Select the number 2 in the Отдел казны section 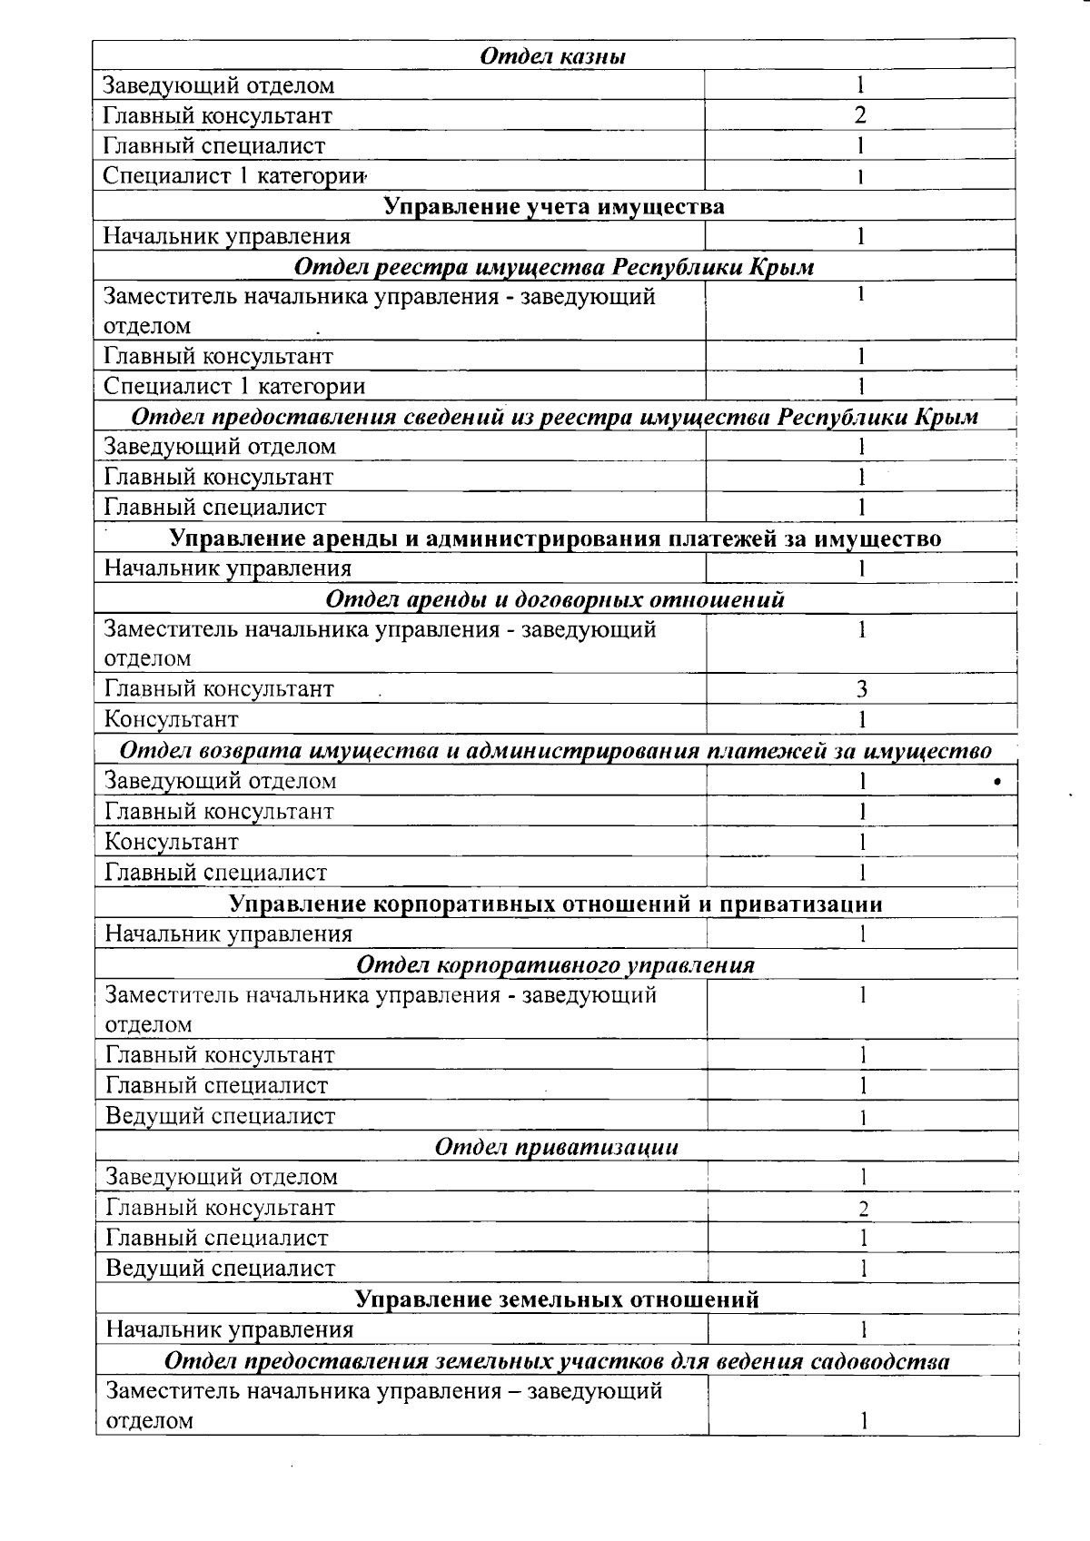[859, 115]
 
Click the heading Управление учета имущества [554, 207]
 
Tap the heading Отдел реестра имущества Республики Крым [554, 267]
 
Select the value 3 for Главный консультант [861, 688]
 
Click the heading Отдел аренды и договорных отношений [554, 599]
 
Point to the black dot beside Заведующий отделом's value [997, 781]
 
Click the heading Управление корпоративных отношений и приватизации [555, 904]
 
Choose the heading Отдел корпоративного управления [555, 964]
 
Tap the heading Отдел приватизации [556, 1147]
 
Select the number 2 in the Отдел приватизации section [863, 1209]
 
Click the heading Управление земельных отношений [556, 1299]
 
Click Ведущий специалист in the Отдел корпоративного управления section [220, 1116]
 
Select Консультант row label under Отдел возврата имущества [172, 842]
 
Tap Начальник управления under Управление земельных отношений [229, 1330]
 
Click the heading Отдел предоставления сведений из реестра [554, 417]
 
